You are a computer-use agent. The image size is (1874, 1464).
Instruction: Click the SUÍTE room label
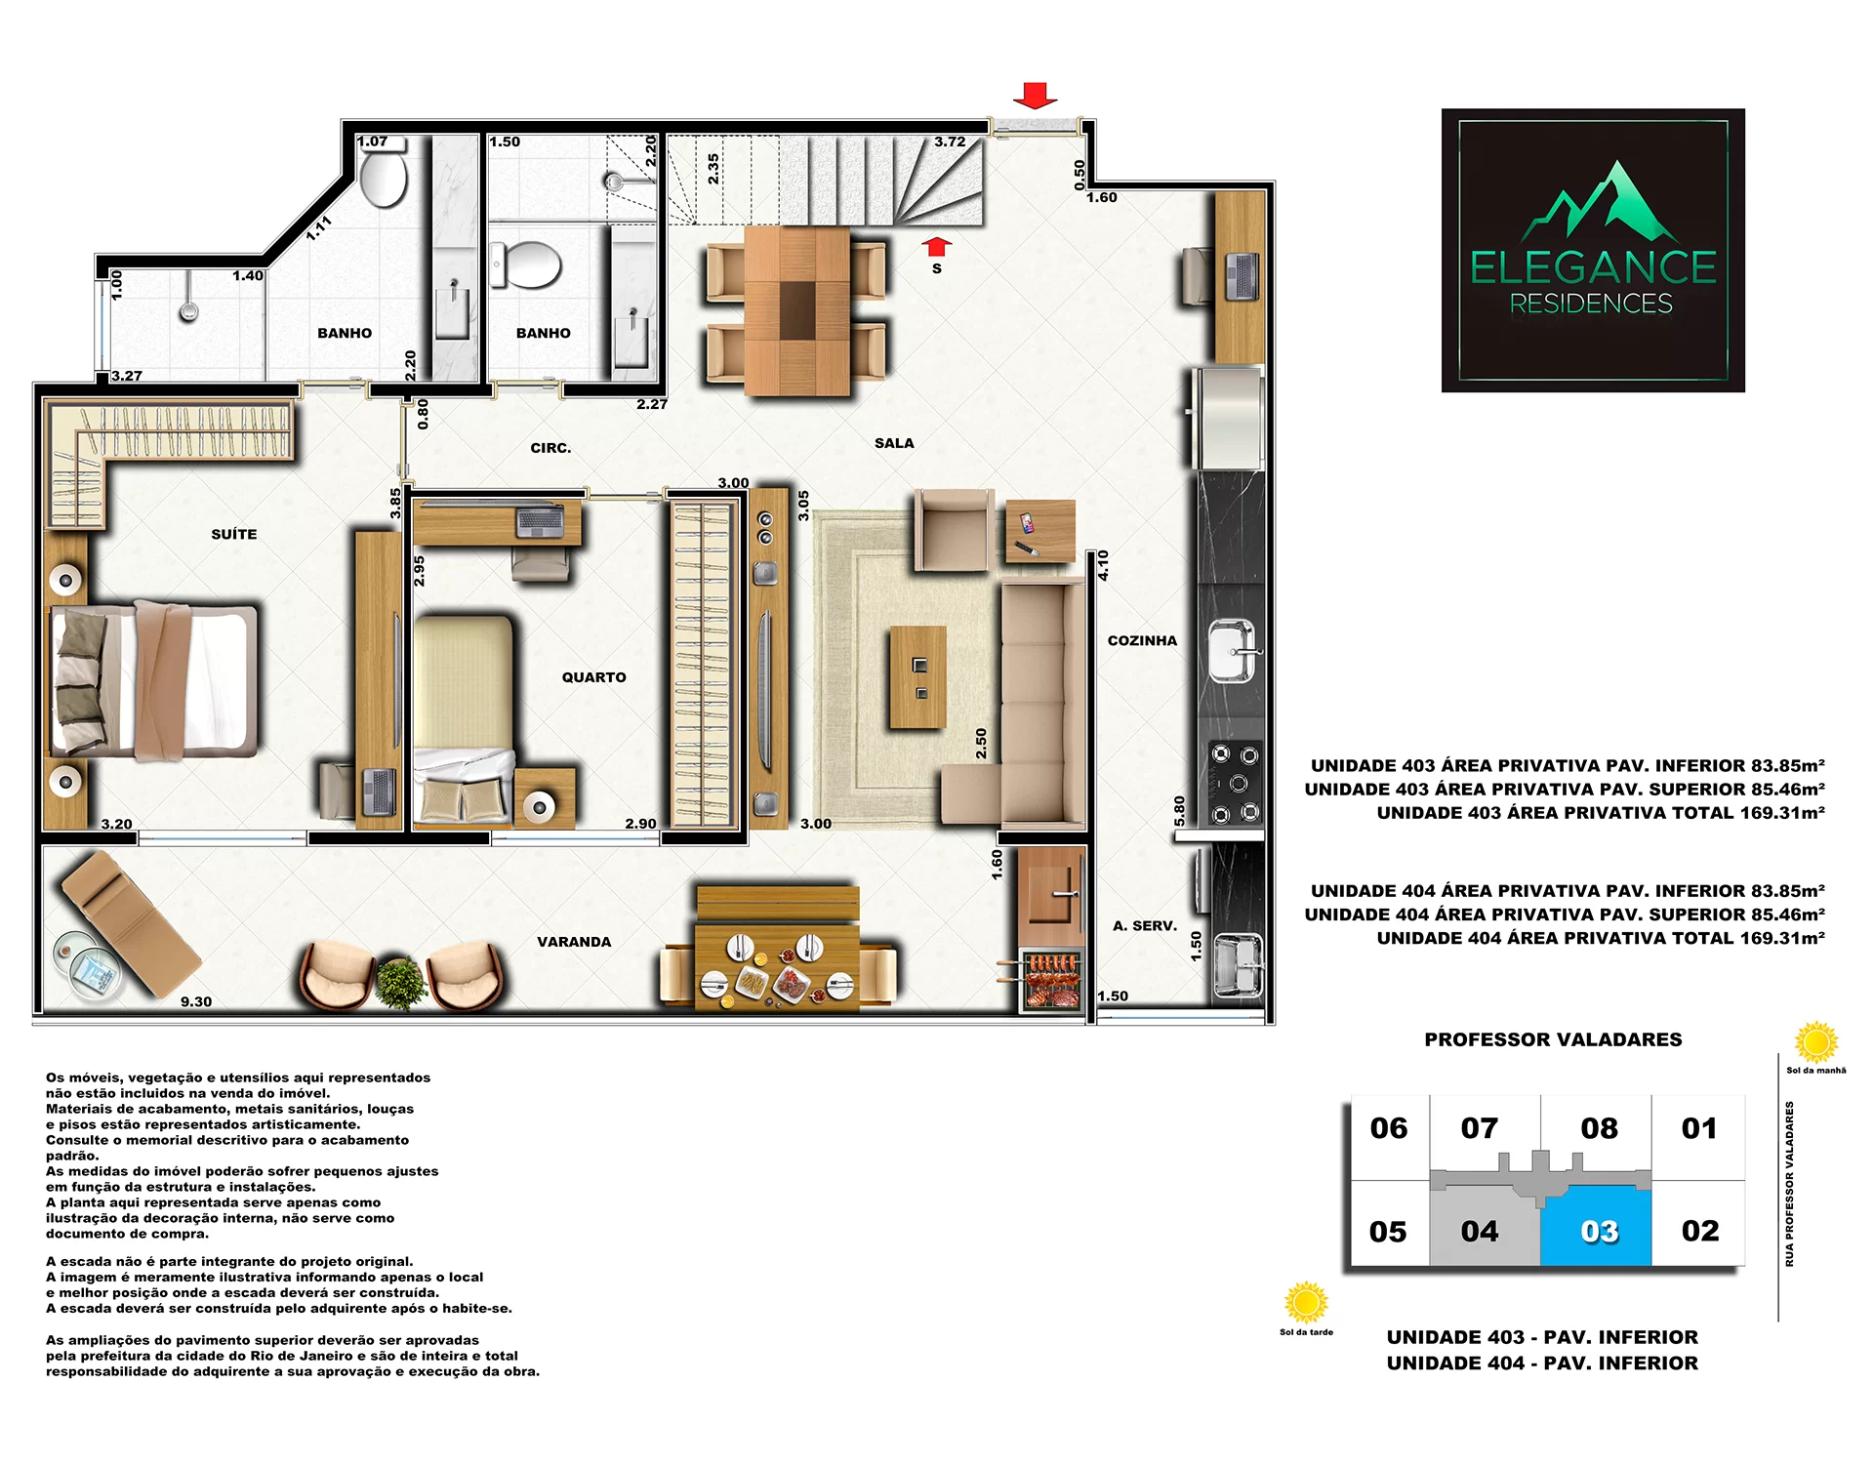click(x=234, y=534)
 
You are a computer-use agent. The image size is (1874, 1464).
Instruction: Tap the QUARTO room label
click(x=593, y=677)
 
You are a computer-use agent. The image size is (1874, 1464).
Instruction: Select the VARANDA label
click(x=574, y=942)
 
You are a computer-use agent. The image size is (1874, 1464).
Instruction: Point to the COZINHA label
click(x=1142, y=640)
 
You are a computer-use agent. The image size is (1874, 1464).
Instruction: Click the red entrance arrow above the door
click(x=1035, y=96)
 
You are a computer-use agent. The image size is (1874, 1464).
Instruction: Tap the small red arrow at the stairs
click(x=937, y=245)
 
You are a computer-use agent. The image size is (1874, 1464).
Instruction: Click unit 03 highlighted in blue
click(x=1597, y=1226)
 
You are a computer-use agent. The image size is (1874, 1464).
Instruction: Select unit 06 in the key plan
click(x=1389, y=1128)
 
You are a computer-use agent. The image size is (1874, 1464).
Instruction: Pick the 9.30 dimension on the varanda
click(x=196, y=1001)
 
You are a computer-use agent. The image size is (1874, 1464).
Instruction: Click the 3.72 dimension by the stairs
click(x=950, y=142)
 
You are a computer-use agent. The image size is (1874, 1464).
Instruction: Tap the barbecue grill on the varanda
click(x=1050, y=980)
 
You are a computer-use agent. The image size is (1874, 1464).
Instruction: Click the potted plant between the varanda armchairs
click(x=401, y=982)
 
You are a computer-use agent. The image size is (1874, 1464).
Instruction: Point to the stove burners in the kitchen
click(x=1235, y=784)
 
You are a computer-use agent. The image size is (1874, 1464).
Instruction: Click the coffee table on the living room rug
click(x=917, y=677)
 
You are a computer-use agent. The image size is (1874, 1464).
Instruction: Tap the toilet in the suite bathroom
click(x=383, y=178)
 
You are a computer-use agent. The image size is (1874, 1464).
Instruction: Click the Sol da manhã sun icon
click(x=1816, y=1042)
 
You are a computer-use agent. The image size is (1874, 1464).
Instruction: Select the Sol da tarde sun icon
click(x=1306, y=1303)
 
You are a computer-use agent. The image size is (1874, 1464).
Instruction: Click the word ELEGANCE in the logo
click(x=1593, y=267)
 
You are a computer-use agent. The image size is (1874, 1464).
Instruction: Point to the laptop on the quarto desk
click(x=540, y=520)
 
